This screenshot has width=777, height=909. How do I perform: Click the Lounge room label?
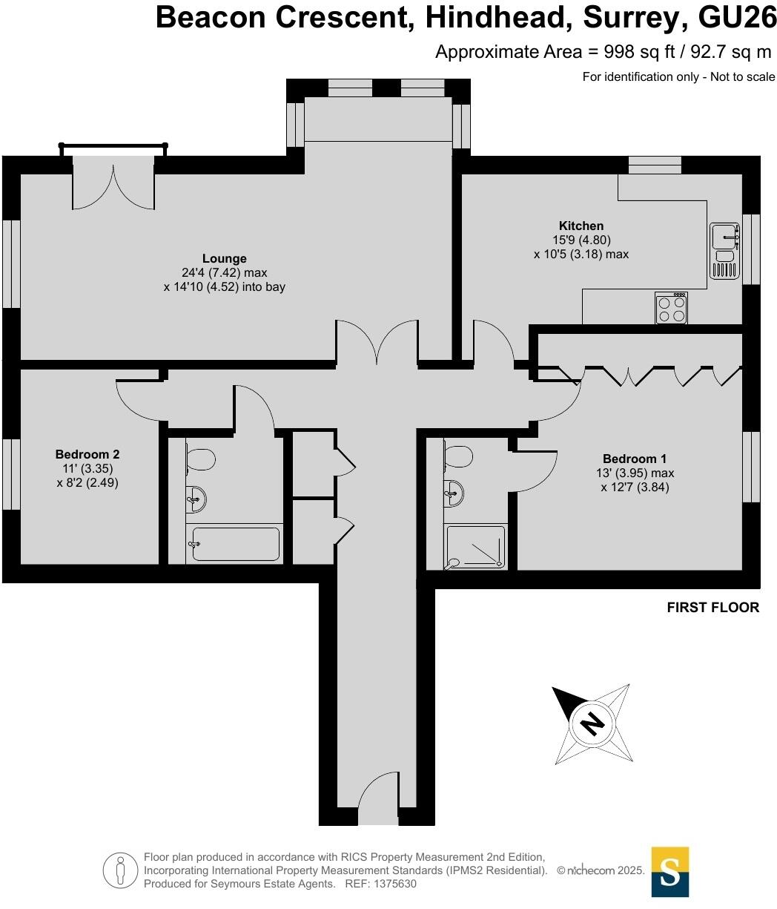(224, 258)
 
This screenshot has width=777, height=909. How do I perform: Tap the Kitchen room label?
(581, 226)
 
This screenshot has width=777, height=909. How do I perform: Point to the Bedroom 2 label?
(87, 454)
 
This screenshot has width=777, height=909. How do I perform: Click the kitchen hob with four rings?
(671, 308)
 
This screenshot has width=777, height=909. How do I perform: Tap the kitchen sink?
(724, 237)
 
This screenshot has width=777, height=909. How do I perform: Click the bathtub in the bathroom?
(234, 544)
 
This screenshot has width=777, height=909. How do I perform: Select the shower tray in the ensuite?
(475, 548)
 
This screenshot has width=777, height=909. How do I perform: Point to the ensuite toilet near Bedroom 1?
(459, 455)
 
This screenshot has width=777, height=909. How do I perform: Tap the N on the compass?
(591, 721)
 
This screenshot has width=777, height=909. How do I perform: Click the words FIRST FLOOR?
(712, 608)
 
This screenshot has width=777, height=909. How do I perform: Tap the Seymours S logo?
(669, 871)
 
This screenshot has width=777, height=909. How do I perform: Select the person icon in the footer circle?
(119, 870)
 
